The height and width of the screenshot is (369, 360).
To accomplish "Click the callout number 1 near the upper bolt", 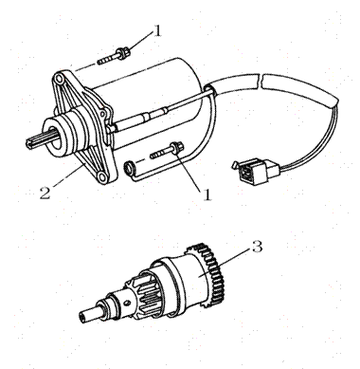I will pyautogui.click(x=157, y=29).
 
